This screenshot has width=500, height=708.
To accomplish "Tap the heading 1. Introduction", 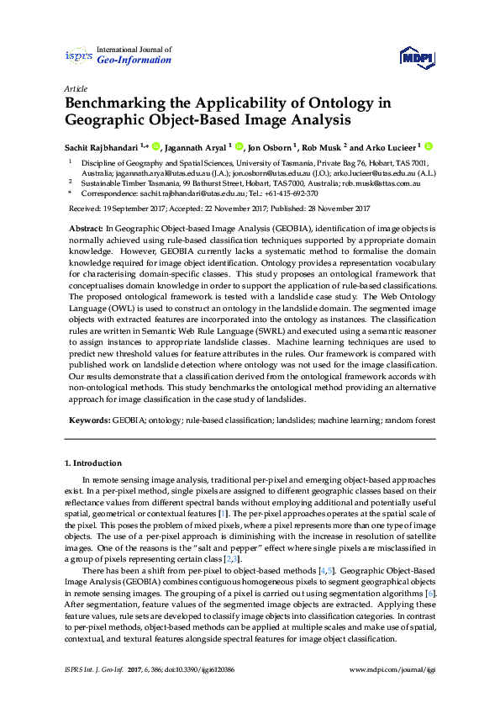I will tap(93, 463).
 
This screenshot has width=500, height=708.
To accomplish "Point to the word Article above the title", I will tap(75, 88).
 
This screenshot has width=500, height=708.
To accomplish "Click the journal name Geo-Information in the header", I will tap(134, 61).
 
